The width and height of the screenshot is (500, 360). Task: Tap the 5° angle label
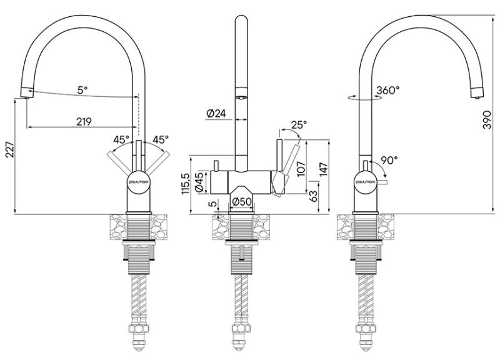[x=82, y=90]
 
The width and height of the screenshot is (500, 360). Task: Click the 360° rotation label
[x=387, y=90]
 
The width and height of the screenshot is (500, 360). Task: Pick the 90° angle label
[x=388, y=160]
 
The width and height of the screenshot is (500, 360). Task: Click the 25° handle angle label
[x=299, y=125]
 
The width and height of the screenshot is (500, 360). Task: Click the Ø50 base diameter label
[x=241, y=202]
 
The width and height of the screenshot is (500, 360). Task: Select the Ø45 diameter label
[x=198, y=182]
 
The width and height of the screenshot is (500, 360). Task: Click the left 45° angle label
[x=121, y=139]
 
